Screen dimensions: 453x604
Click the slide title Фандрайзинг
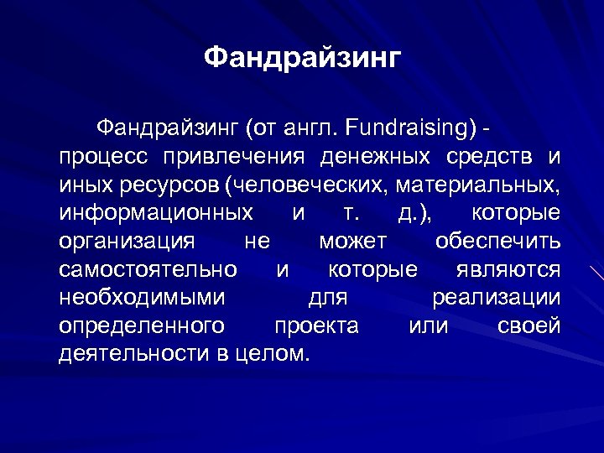click(303, 58)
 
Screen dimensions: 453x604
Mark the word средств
click(488, 157)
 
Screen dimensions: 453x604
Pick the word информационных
click(156, 213)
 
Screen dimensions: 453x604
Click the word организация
click(127, 242)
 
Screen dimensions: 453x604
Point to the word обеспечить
click(497, 242)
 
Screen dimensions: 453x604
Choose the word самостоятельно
click(148, 269)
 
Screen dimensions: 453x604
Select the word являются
click(508, 269)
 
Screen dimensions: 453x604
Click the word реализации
click(496, 298)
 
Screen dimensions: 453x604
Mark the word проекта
click(316, 325)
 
